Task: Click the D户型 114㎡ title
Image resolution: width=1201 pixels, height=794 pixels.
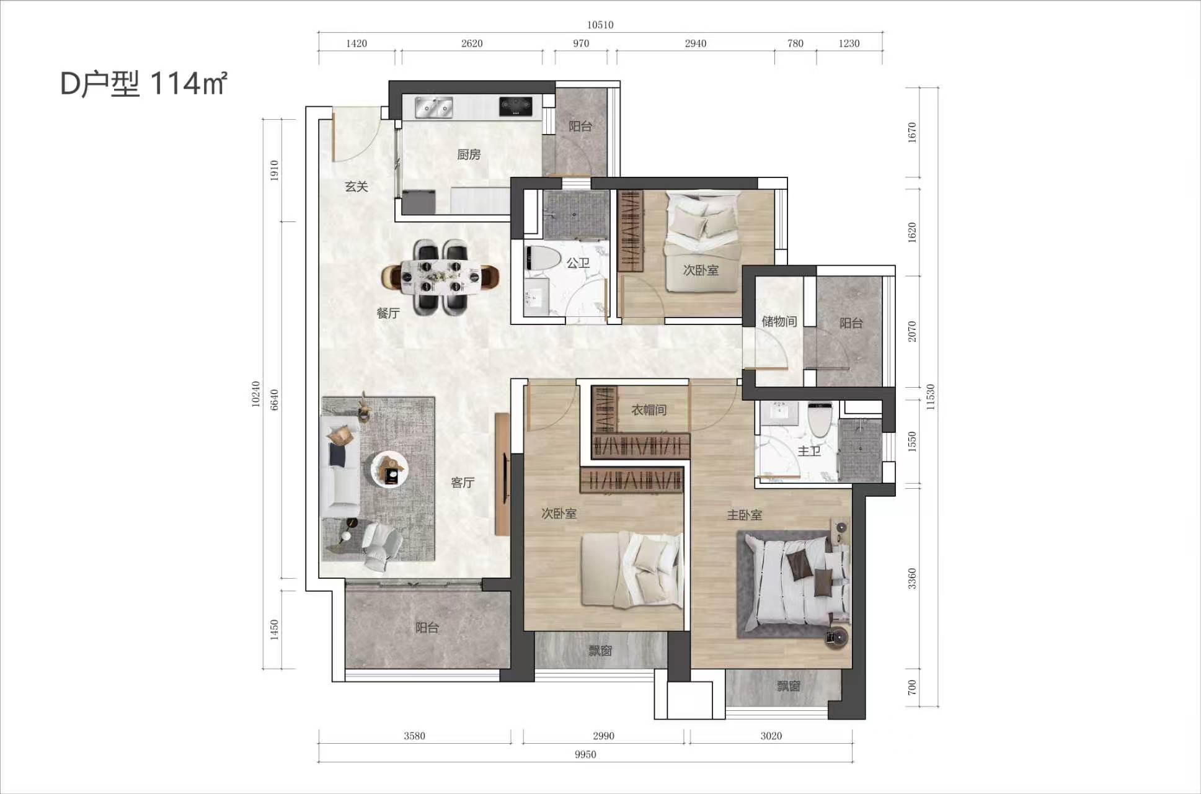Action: click(x=144, y=84)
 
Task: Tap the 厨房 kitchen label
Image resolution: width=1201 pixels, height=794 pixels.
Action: click(x=469, y=154)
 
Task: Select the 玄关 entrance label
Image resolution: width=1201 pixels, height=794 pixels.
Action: click(x=357, y=187)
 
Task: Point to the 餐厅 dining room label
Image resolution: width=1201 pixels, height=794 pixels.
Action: click(x=388, y=313)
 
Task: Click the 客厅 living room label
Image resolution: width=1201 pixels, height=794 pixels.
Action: click(x=463, y=483)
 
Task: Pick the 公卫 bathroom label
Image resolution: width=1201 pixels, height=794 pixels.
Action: click(x=578, y=263)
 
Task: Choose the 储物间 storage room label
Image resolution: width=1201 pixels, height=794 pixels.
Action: click(x=779, y=321)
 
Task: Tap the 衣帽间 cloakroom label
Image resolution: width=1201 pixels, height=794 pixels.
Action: click(x=649, y=410)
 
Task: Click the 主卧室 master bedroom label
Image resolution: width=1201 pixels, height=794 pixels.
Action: click(x=745, y=515)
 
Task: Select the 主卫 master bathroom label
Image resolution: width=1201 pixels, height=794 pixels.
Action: click(x=809, y=452)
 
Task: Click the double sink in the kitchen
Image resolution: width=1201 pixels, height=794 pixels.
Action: click(x=434, y=107)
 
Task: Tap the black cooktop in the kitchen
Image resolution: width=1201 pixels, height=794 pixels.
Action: click(x=516, y=106)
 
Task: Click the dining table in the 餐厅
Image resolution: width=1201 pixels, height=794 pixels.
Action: click(x=441, y=277)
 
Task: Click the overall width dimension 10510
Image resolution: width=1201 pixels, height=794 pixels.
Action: click(x=600, y=25)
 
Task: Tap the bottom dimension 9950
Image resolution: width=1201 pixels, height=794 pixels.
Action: click(x=585, y=754)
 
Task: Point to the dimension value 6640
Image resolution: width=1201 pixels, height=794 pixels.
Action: click(x=275, y=399)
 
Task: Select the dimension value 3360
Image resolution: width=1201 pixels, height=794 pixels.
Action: click(x=911, y=578)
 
